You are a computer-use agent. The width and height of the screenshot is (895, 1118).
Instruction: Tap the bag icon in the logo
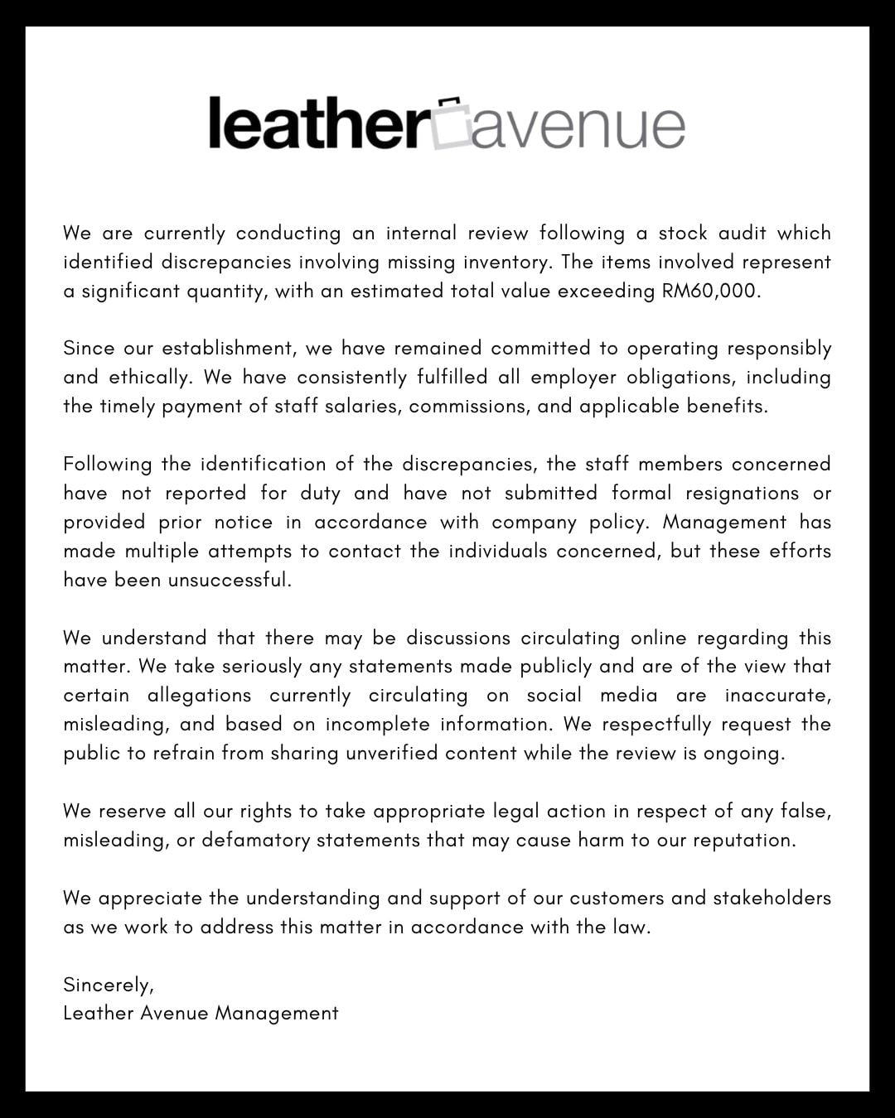[x=452, y=124]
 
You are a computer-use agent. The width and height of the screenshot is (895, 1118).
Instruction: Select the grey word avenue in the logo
[x=578, y=128]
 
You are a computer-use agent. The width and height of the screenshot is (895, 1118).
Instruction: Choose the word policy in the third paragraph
[x=612, y=522]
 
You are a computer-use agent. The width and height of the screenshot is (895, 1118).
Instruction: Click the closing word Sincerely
[x=108, y=985]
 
